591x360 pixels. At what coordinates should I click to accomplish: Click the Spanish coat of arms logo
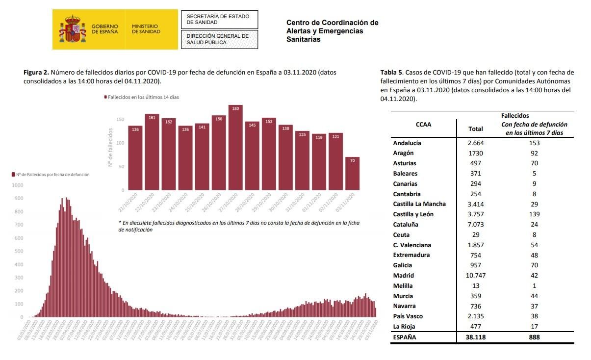[73, 29]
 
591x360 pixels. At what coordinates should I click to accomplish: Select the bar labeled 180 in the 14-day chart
[235, 147]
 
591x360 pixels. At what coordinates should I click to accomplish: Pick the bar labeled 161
[152, 152]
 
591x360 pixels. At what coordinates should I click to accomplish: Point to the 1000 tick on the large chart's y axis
[18, 185]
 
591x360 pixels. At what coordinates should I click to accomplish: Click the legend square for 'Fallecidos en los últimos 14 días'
[105, 97]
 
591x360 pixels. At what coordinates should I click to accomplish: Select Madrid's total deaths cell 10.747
[475, 276]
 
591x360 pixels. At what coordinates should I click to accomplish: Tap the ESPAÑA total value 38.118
[475, 337]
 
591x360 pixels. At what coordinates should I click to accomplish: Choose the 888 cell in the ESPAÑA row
[534, 337]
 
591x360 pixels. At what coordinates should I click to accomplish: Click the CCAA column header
[423, 124]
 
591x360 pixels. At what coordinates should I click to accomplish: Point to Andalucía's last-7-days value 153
[534, 143]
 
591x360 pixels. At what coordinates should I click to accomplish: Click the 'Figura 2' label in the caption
[36, 72]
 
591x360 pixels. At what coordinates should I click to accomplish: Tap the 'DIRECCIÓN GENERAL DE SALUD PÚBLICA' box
[219, 39]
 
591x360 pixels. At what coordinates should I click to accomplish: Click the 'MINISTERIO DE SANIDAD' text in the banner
[146, 29]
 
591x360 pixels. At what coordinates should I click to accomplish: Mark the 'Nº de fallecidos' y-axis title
[111, 147]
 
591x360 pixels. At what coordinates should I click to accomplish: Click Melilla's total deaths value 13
[475, 285]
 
